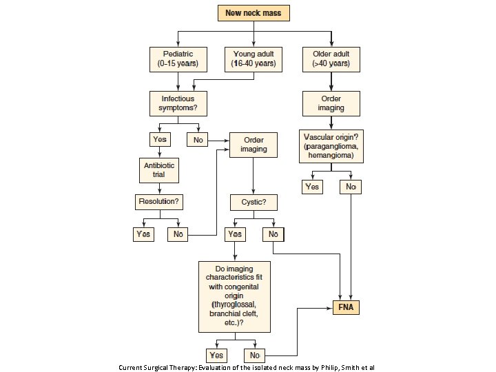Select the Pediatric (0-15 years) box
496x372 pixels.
coord(178,59)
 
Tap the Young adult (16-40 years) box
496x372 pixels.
coord(254,59)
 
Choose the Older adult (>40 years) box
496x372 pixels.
coord(331,59)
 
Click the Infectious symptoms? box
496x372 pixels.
coord(178,104)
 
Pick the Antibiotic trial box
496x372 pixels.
coord(160,169)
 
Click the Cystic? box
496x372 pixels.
coord(254,203)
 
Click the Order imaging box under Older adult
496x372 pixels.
coord(331,104)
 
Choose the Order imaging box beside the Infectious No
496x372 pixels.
coord(254,145)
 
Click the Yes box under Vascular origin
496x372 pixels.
coord(312,187)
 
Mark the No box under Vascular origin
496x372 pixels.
coord(351,187)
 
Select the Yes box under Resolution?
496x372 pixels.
coord(143,234)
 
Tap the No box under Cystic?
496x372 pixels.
coord(273,234)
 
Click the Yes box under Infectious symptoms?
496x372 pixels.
coord(159,140)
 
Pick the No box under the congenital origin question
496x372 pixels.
coord(254,355)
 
